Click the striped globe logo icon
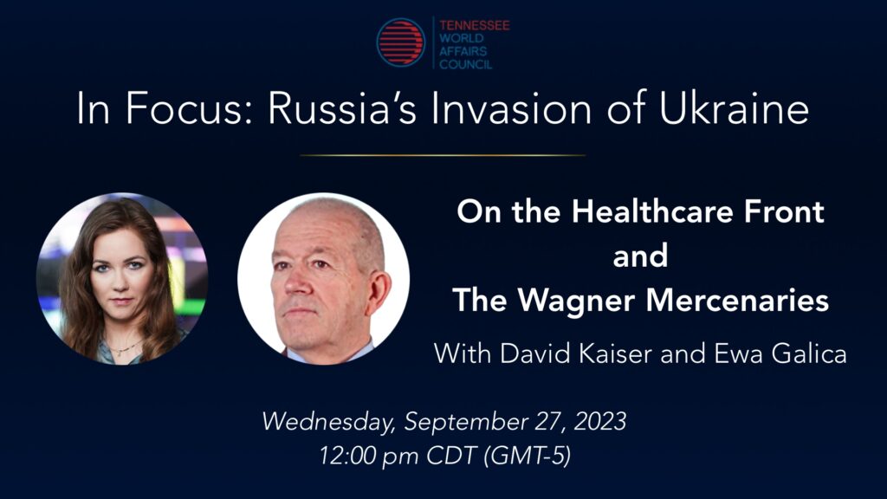(400, 42)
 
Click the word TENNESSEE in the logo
(474, 25)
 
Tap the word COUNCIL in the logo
(465, 64)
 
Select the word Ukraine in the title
(734, 108)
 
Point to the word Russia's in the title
(342, 108)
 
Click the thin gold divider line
(443, 155)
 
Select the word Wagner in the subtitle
(579, 299)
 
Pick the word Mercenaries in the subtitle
(737, 299)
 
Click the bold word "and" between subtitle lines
(640, 256)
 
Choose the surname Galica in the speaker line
(809, 354)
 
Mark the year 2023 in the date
(600, 422)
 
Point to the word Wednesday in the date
(328, 422)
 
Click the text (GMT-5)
(528, 456)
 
